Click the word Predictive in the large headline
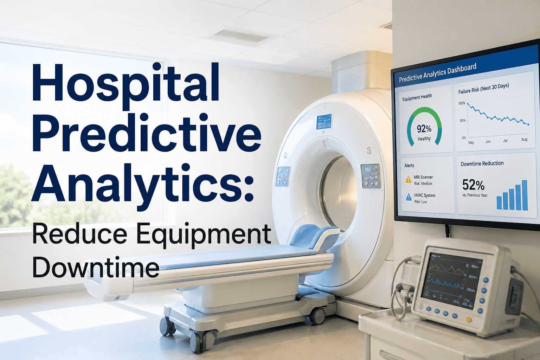click(x=148, y=135)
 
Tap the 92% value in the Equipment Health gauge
click(x=424, y=129)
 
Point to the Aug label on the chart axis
click(x=524, y=140)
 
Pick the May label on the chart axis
click(x=471, y=142)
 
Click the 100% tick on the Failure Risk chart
click(x=462, y=103)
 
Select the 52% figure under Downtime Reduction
click(x=473, y=185)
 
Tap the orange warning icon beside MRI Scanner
click(x=408, y=180)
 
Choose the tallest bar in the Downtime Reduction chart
click(x=525, y=195)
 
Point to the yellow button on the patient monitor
click(x=468, y=319)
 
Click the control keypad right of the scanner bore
click(x=370, y=176)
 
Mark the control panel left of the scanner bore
click(x=283, y=176)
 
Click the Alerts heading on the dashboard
click(x=409, y=165)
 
